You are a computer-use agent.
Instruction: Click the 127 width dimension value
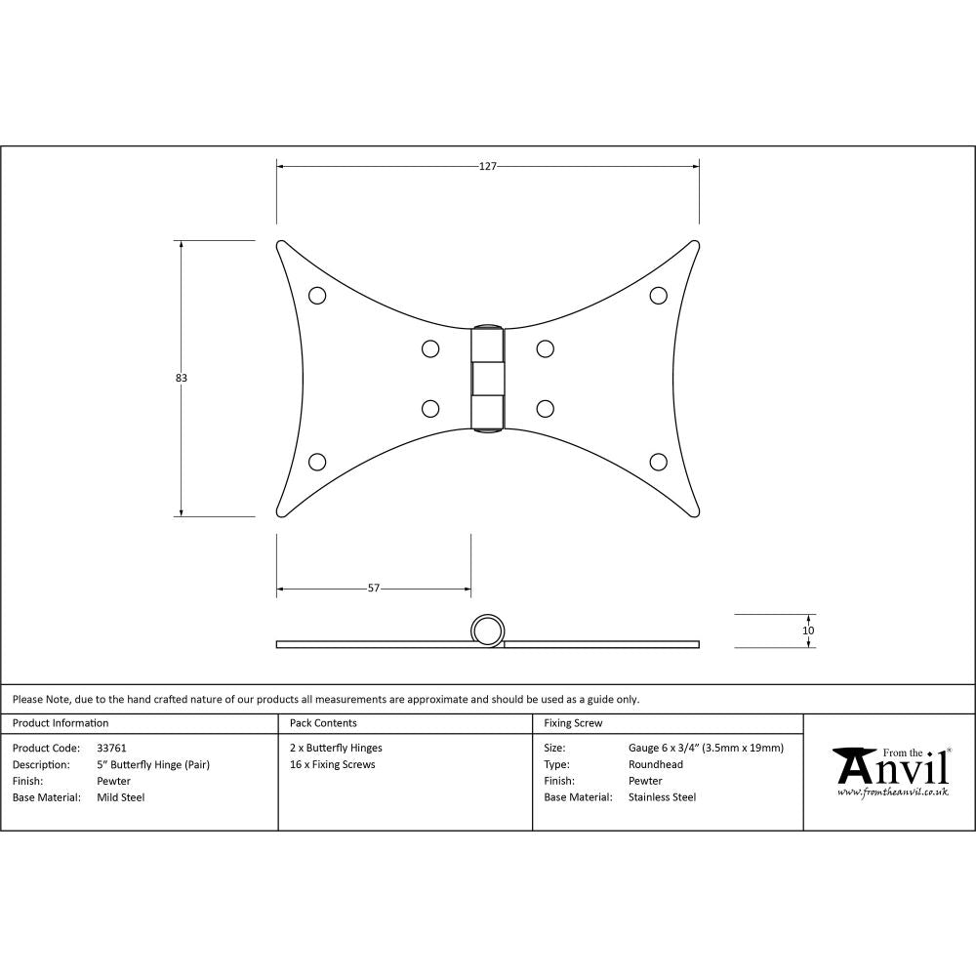coord(488,167)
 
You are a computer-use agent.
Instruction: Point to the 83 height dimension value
coord(181,378)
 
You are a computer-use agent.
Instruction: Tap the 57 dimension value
coord(374,589)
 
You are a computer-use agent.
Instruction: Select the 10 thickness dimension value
coord(808,630)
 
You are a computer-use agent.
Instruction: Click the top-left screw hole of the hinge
coord(316,295)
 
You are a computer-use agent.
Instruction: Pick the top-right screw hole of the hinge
coord(659,295)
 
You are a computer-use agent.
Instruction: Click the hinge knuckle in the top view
coord(488,378)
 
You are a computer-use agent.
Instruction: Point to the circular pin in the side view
coord(488,630)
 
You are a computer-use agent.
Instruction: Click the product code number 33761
coord(112,748)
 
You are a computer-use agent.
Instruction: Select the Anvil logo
coord(890,767)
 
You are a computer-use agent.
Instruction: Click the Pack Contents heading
coord(323,723)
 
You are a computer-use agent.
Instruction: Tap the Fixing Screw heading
coord(573,723)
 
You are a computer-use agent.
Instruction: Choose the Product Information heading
coord(61,723)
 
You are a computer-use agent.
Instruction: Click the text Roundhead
coord(656,764)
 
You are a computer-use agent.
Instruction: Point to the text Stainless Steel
coord(662,797)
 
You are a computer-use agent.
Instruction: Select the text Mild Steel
coord(121,797)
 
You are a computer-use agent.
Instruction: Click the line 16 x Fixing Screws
coord(333,764)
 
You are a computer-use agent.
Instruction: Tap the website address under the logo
coord(892,792)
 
